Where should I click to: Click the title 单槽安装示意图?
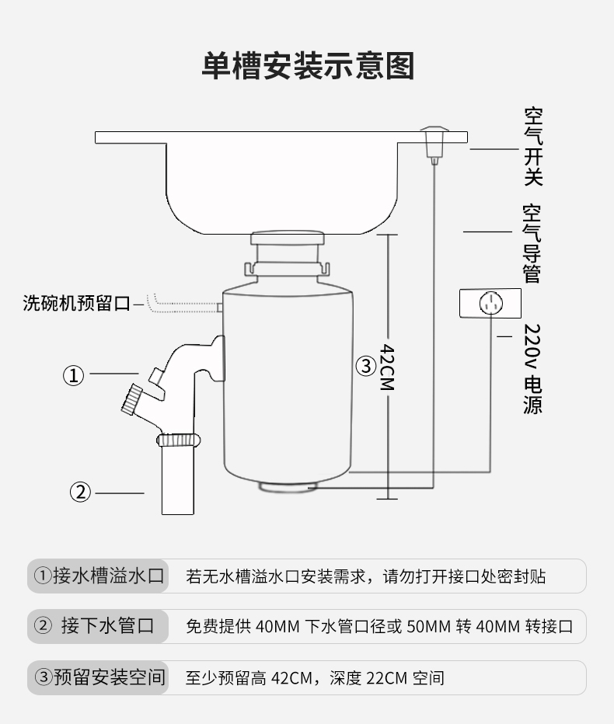(308, 65)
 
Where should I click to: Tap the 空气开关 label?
(532, 147)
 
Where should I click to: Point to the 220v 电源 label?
(532, 369)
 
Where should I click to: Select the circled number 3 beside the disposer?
(366, 365)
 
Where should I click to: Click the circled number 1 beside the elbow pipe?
(73, 376)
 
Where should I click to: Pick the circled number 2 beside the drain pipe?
(81, 492)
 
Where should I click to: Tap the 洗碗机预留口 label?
(76, 303)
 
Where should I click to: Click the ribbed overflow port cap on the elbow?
(130, 399)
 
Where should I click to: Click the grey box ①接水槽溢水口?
(99, 576)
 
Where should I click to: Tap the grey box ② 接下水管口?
(99, 626)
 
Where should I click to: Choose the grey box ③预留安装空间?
(99, 677)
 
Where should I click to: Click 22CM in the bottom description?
(386, 678)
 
